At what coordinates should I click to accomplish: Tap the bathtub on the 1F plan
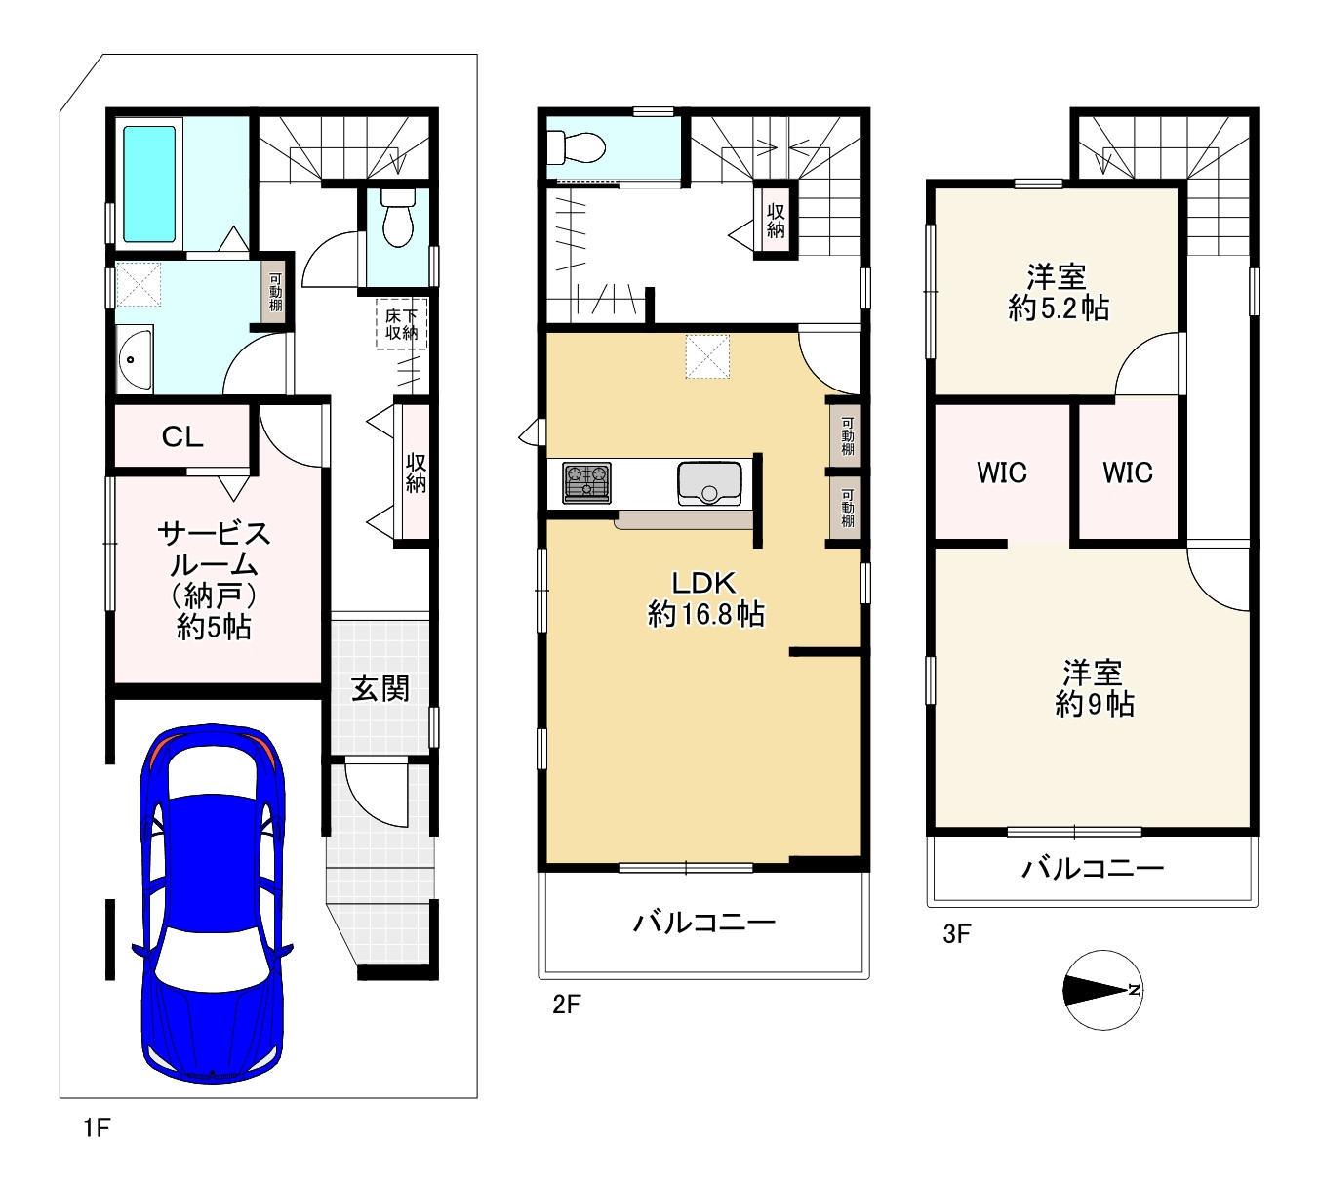tap(149, 185)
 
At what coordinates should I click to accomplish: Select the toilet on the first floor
tap(398, 218)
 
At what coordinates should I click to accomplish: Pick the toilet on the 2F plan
tap(577, 146)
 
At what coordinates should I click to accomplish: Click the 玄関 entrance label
tap(380, 688)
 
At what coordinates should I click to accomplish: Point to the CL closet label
tap(182, 436)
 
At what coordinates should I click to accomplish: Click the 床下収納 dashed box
tap(401, 323)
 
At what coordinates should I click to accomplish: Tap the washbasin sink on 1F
tap(135, 359)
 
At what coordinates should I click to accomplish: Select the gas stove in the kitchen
tap(586, 483)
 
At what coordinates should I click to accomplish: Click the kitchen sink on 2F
tap(709, 483)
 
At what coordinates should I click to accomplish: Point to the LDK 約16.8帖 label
tap(704, 598)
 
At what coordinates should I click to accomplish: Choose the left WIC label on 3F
tap(1002, 472)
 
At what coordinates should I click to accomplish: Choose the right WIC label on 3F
tap(1127, 472)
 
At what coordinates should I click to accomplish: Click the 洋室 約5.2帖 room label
tap(1058, 292)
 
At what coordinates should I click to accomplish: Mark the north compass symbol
tap(1102, 990)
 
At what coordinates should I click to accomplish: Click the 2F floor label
tap(566, 1005)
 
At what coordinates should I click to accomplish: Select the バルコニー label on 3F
tap(1093, 869)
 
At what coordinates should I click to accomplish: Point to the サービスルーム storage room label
tap(214, 580)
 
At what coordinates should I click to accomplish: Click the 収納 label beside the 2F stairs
tap(776, 221)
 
